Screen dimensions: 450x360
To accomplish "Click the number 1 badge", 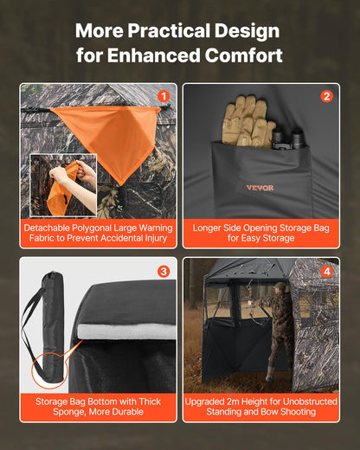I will (164, 96).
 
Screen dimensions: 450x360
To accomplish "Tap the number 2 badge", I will (326, 96).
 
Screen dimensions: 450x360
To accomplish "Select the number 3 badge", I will (164, 271).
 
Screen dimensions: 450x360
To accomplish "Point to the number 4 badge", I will (326, 271).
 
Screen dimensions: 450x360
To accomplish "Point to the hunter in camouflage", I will (282, 333).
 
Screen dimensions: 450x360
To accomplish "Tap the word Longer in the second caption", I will (209, 228).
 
